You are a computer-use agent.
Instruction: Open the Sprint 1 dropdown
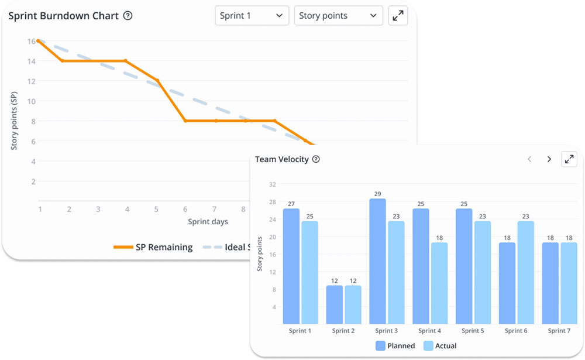[x=252, y=16]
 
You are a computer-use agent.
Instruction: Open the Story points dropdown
[x=338, y=16]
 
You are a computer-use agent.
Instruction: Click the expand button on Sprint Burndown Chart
[x=398, y=16]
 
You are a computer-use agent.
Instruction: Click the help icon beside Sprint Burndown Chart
[x=128, y=16]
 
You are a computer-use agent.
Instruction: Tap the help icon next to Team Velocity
[x=316, y=159]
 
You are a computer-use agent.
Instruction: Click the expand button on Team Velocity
[x=569, y=159]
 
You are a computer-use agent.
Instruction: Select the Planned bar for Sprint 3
[x=377, y=261]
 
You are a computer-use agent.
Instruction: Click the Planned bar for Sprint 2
[x=334, y=304]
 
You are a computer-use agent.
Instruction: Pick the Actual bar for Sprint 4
[x=439, y=283]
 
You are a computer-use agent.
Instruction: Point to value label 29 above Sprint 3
[x=377, y=194]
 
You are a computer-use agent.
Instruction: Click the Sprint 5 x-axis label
[x=473, y=331]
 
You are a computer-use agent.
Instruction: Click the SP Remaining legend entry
[x=153, y=247]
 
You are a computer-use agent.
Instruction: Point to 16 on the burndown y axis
[x=31, y=41]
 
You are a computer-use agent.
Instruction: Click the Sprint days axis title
[x=208, y=222]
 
